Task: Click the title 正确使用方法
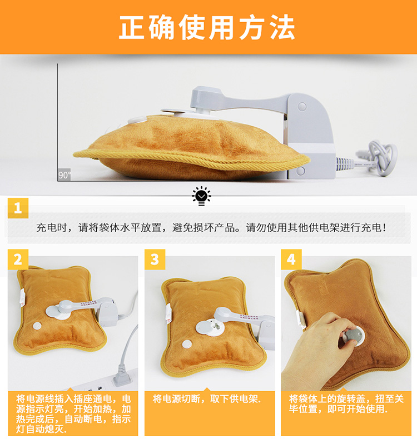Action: point(207,27)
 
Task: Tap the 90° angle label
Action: point(64,175)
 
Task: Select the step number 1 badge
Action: point(18,208)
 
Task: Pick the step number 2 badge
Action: point(18,260)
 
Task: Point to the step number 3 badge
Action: point(155,260)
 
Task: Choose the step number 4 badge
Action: point(291,260)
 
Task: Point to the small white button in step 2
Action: point(37,326)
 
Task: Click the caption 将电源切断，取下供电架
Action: point(207,398)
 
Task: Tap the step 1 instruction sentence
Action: point(211,227)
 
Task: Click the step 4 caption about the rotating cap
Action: point(346,404)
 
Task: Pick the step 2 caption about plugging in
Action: point(73,414)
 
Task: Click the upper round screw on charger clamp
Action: point(302,106)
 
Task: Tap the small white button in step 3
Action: point(187,344)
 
